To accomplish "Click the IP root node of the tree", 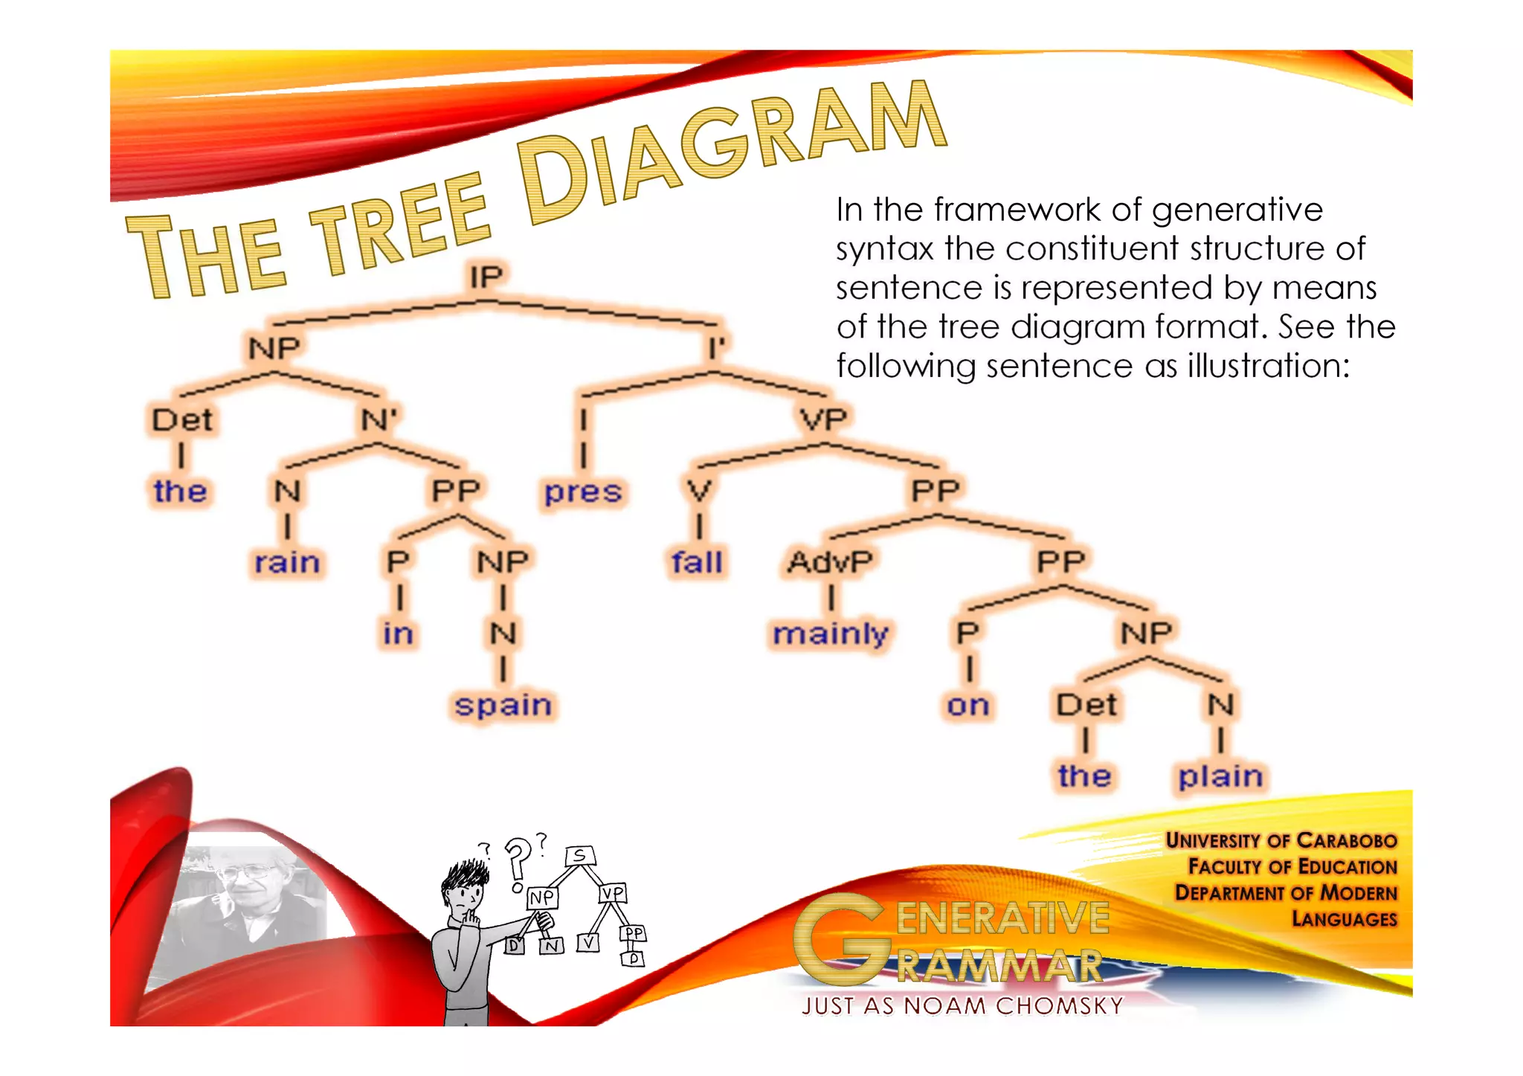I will [486, 277].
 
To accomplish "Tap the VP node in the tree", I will [823, 420].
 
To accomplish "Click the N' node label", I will [379, 420].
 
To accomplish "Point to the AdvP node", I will [830, 562].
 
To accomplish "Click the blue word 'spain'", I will [503, 705].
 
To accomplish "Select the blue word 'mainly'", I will [830, 634].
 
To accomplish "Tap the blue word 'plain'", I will [1220, 776].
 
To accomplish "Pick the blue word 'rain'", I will [287, 562].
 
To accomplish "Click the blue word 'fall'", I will [697, 562].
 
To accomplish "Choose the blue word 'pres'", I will [583, 492].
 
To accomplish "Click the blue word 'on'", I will [967, 705].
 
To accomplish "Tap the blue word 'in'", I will [398, 634].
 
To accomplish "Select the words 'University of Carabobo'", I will [1281, 840].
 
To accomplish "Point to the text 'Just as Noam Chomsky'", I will [962, 1006].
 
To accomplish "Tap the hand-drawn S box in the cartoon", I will [580, 856].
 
